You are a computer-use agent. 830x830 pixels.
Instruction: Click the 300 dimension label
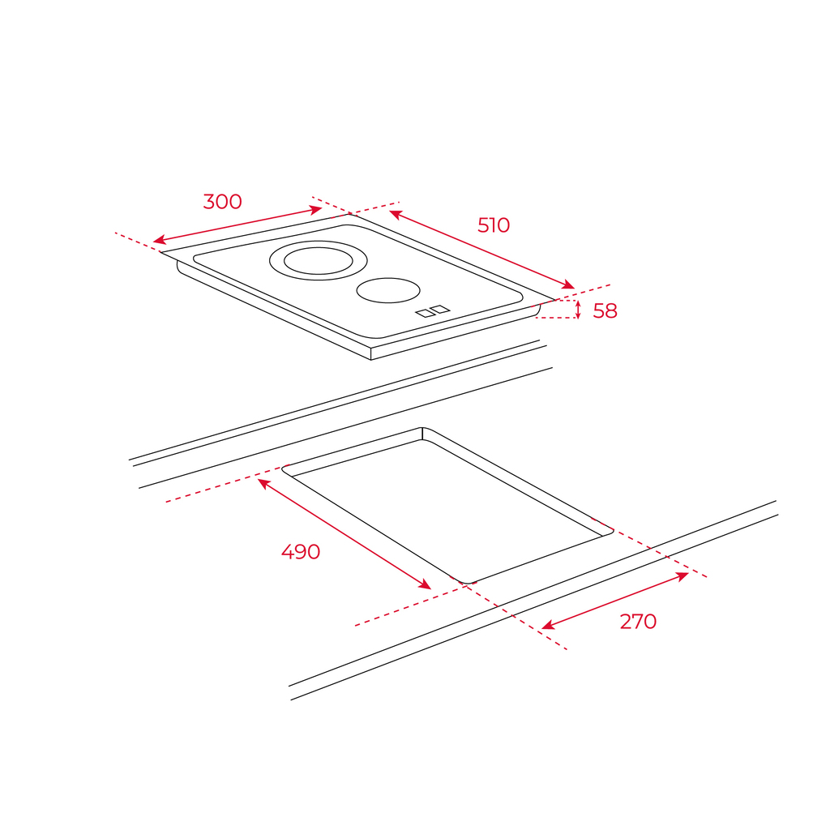click(222, 202)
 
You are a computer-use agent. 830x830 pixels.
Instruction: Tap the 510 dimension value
click(494, 225)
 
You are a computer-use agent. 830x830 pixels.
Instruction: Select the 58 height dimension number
click(605, 310)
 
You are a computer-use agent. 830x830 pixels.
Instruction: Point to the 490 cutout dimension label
click(301, 552)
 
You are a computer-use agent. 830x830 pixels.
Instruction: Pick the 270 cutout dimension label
click(638, 622)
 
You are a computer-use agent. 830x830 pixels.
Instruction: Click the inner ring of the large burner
click(318, 274)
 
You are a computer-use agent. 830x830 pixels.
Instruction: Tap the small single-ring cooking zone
click(388, 302)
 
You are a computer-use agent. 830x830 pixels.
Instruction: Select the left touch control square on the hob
click(425, 314)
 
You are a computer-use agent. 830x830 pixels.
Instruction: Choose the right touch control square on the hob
click(440, 309)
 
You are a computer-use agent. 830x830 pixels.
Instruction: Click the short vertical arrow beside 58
click(578, 310)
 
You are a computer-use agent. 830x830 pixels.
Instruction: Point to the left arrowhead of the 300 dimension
click(158, 241)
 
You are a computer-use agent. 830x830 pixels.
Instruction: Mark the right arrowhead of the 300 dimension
click(317, 210)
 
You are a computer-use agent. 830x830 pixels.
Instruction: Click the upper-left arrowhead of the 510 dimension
click(395, 214)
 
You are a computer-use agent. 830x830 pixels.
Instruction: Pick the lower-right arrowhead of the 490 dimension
click(426, 585)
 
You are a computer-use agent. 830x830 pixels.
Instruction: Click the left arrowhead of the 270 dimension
click(547, 627)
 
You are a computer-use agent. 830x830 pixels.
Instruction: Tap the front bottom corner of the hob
click(371, 360)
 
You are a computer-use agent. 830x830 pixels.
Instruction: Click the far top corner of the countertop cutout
click(422, 428)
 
